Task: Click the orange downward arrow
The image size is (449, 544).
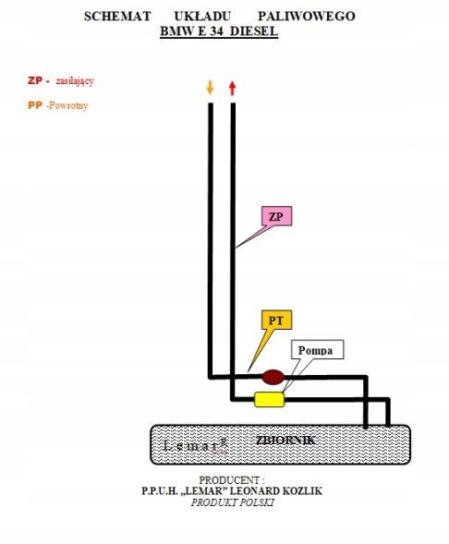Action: coord(210,88)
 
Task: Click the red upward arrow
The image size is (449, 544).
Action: coord(233,88)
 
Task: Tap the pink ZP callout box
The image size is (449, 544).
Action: coord(276,216)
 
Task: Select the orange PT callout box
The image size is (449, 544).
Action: coord(276,320)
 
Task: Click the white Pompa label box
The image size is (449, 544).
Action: coord(317,350)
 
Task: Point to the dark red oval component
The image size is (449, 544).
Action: coord(273,377)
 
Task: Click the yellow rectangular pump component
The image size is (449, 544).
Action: coord(269,399)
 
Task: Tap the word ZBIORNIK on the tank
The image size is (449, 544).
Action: coord(285,441)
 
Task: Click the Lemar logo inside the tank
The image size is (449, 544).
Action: coord(195,446)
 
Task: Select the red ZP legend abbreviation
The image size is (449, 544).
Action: coord(35,80)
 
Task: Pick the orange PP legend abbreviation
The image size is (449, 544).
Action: coord(35,105)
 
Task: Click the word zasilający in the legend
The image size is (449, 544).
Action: coord(75,81)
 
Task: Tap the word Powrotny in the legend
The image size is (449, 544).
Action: coord(68,105)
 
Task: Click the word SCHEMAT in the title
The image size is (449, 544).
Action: coord(117,17)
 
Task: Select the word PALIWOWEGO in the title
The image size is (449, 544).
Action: coord(307,17)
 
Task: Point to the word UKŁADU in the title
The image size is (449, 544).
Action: coord(202,17)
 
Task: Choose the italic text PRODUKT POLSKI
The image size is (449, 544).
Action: coord(233,502)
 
